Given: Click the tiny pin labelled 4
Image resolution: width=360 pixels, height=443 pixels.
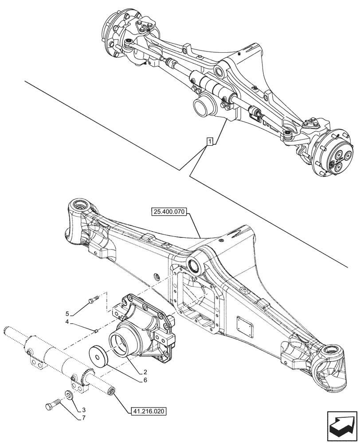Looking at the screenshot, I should [96, 329].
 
